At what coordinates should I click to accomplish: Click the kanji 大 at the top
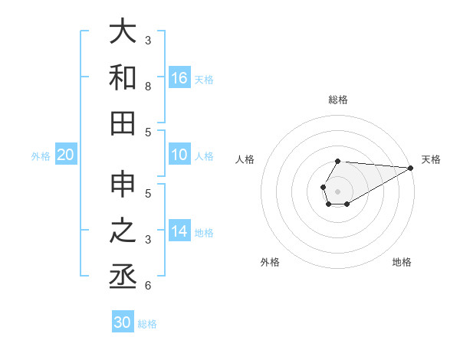point(123,32)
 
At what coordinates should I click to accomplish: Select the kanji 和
point(123,77)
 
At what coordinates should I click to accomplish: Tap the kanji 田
point(123,123)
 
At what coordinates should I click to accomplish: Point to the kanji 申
point(123,185)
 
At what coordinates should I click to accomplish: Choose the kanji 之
point(123,231)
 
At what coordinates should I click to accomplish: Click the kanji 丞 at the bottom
point(123,276)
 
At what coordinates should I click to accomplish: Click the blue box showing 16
point(179,77)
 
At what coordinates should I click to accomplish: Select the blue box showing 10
point(179,155)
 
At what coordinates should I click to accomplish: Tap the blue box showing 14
point(179,231)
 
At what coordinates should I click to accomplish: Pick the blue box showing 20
point(66,155)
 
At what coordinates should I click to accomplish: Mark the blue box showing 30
point(123,322)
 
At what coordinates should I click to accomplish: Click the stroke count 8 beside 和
point(148,87)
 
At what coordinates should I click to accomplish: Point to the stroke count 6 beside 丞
point(148,286)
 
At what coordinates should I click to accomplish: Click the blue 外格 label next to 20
point(41,156)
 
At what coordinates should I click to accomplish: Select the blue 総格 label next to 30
point(147,324)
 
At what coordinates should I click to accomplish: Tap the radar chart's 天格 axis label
point(431,159)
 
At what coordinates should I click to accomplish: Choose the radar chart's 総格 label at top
point(338,100)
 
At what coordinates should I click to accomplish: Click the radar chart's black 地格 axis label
point(402,262)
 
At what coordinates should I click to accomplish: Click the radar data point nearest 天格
point(411,168)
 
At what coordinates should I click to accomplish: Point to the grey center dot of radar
point(338,191)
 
